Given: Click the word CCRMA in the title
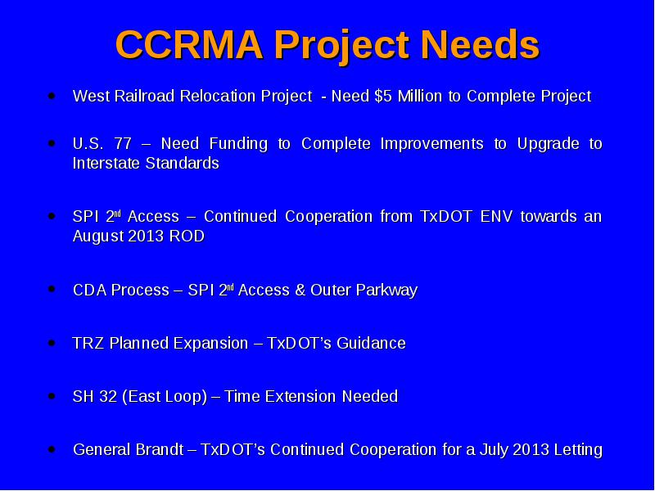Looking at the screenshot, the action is click(x=189, y=44).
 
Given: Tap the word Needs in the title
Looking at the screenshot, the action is click(x=480, y=44).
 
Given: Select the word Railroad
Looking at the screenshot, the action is click(x=144, y=96).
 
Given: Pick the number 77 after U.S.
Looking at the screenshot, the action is click(x=123, y=144).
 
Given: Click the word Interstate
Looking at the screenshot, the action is click(x=106, y=163).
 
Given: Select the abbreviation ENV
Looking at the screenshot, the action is click(x=496, y=216).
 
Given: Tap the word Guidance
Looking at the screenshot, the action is click(x=371, y=343).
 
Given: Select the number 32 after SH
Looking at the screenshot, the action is click(x=108, y=396).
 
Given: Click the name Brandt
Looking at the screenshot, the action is click(x=159, y=449).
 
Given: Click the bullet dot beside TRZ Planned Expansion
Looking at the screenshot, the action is click(x=52, y=343).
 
